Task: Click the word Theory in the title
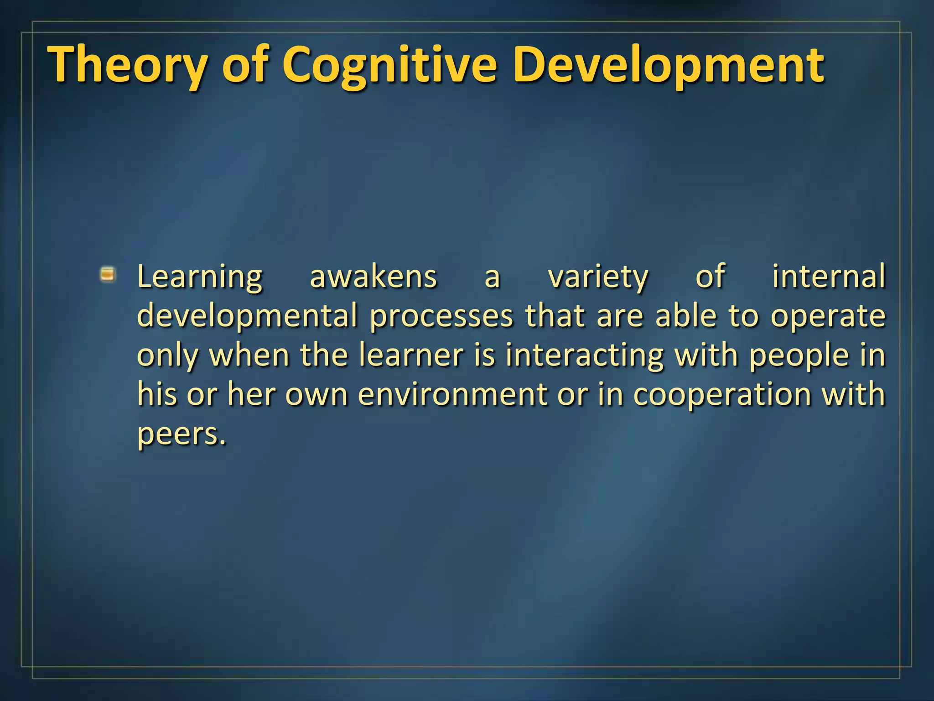click(128, 65)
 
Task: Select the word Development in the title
click(668, 65)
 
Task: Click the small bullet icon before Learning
click(108, 275)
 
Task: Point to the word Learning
click(200, 277)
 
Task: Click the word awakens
click(373, 277)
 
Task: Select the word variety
click(598, 277)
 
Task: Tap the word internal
click(828, 277)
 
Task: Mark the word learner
click(411, 355)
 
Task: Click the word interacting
click(584, 355)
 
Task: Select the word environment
click(452, 394)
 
